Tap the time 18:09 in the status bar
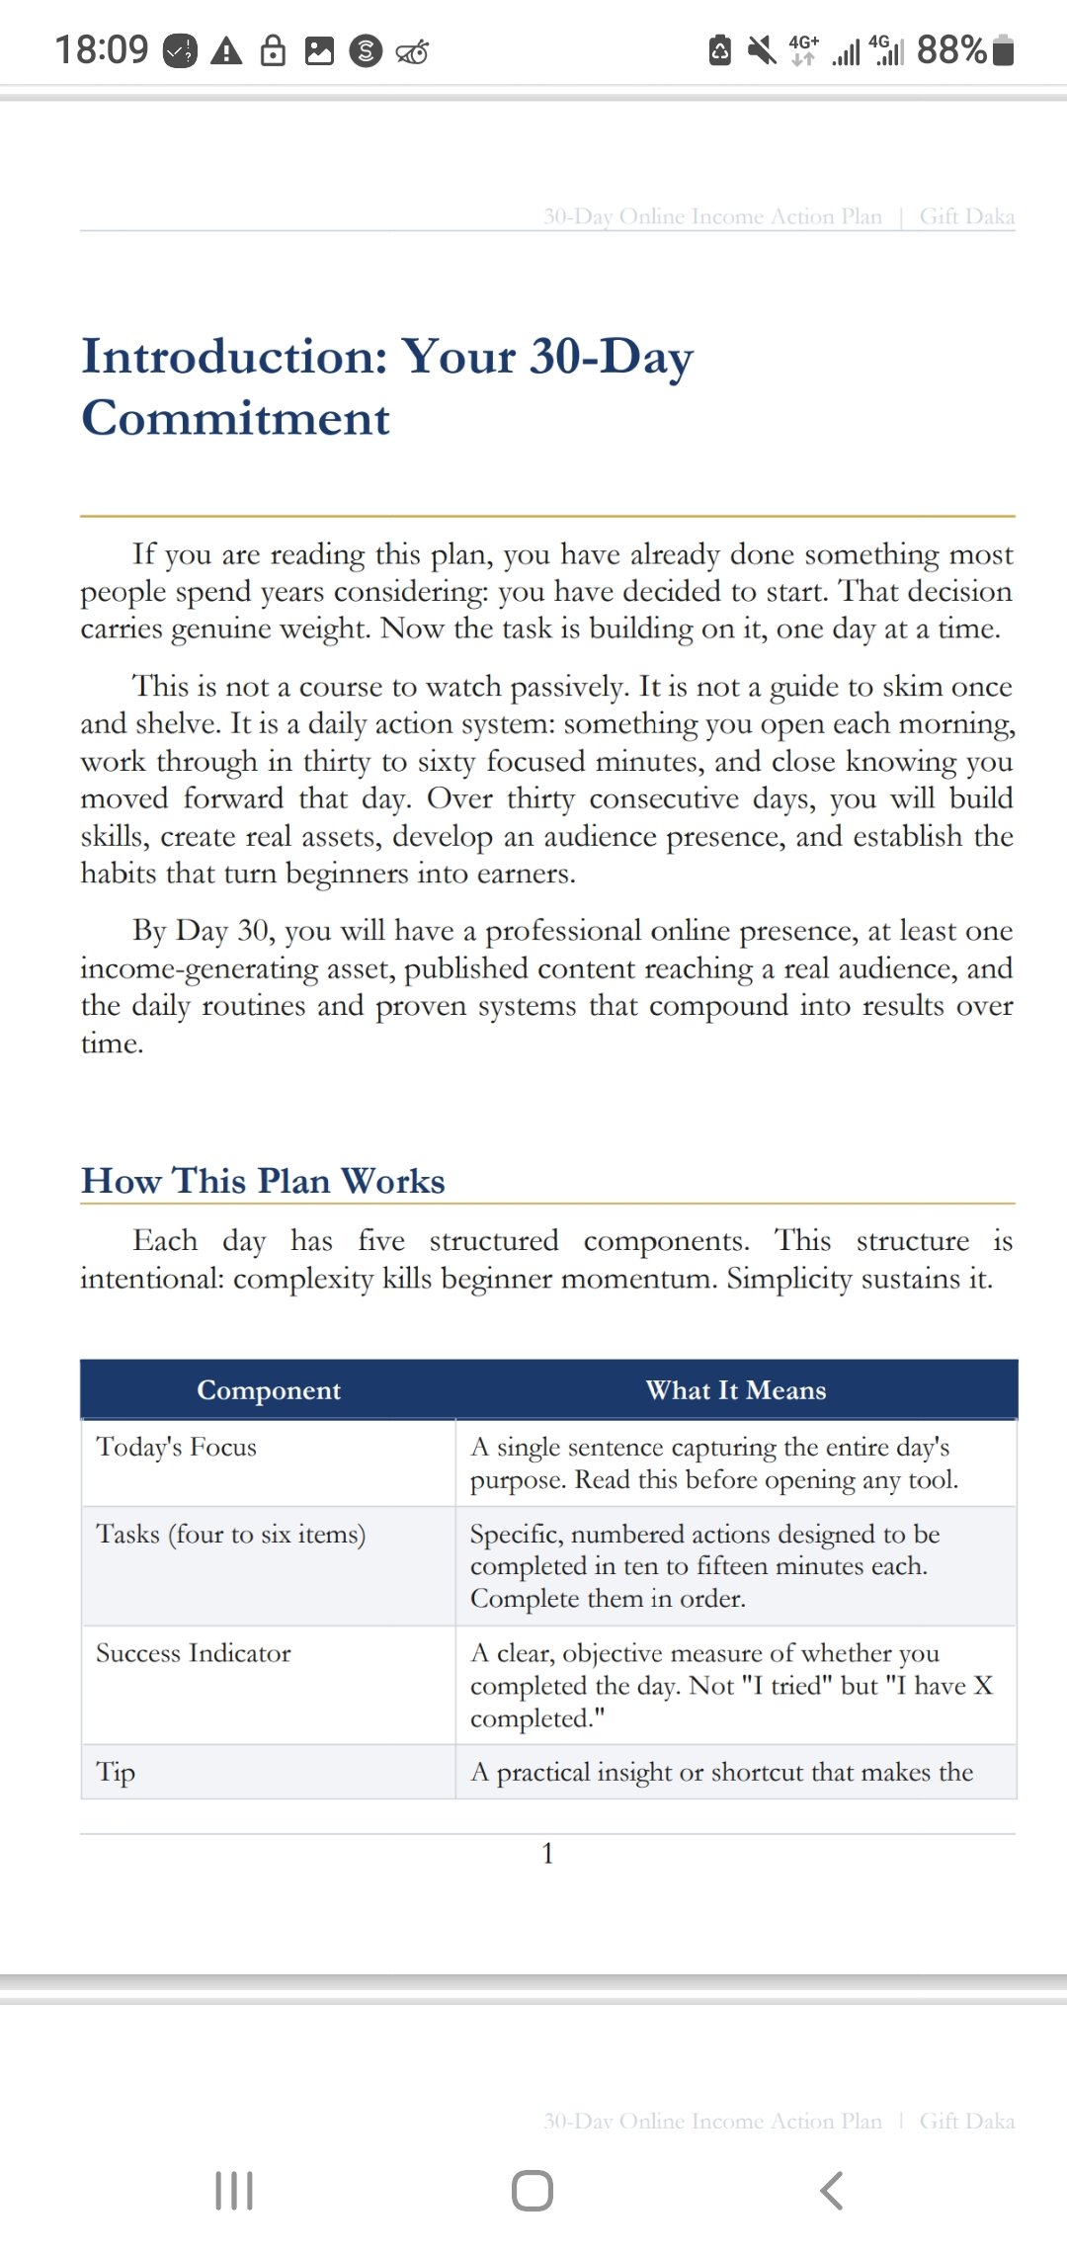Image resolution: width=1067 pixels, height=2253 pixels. coord(101,49)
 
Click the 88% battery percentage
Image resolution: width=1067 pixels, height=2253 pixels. coord(950,49)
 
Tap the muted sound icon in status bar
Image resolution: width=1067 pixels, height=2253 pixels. coord(761,49)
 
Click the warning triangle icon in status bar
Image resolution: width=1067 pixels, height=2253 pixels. coord(227,50)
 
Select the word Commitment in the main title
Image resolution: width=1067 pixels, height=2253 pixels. coord(235,418)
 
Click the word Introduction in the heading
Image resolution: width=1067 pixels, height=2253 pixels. coord(234,356)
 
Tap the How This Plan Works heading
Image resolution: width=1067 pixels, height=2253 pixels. coord(263,1181)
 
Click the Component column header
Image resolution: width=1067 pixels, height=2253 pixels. coord(269,1390)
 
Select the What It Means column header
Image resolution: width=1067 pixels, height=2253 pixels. coord(736,1390)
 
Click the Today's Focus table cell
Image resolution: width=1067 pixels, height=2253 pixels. coord(176,1448)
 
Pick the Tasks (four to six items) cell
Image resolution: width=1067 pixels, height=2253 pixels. coord(230,1535)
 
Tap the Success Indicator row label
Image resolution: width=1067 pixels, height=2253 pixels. coord(194,1653)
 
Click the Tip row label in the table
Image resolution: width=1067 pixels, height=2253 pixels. coord(116,1772)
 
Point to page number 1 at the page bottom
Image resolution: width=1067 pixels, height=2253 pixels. coord(547,1854)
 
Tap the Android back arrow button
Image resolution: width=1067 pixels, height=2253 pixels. coord(832,2191)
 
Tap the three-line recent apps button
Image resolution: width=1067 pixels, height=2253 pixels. coord(234,2191)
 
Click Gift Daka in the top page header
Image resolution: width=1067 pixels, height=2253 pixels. coord(966,216)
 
